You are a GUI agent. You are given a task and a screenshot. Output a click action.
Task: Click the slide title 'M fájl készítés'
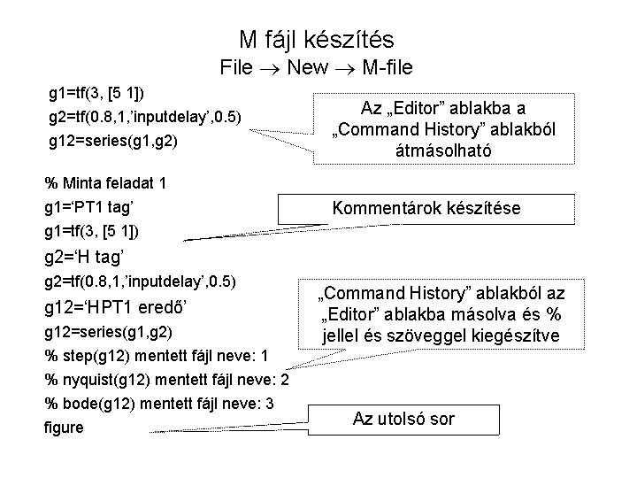(317, 39)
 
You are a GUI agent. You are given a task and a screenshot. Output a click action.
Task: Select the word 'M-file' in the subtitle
(382, 66)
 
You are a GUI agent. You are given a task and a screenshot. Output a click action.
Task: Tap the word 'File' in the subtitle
(238, 66)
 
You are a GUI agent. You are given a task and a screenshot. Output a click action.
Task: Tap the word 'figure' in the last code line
(64, 427)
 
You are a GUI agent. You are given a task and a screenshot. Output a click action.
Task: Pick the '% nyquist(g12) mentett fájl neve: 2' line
(167, 381)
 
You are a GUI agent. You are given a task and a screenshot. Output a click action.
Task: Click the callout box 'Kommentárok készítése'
(426, 209)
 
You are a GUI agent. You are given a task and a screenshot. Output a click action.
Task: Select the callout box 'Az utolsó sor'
(403, 419)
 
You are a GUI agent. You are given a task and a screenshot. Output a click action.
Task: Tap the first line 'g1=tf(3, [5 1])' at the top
(97, 92)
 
